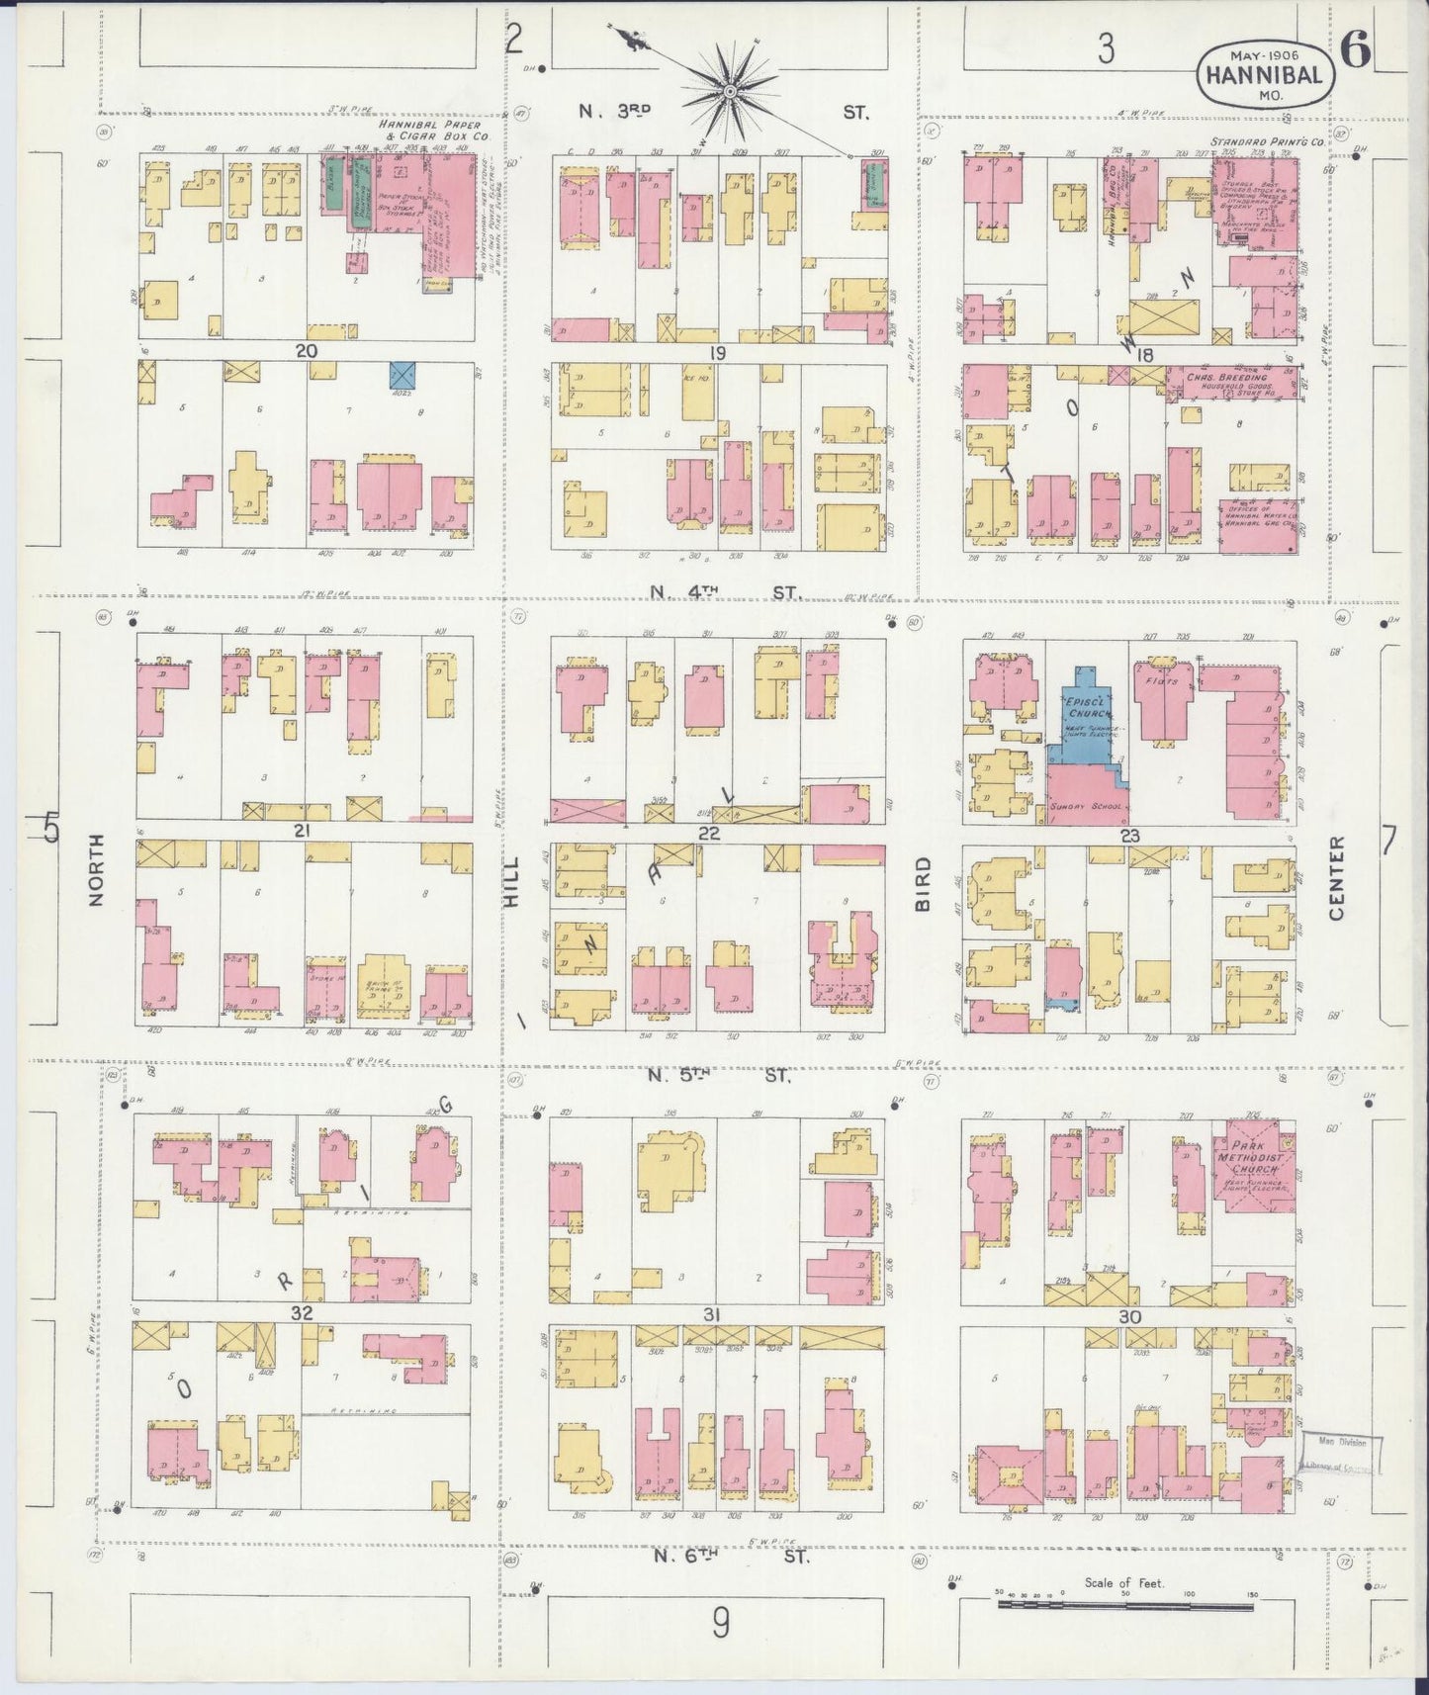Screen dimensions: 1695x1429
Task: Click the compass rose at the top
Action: (x=730, y=92)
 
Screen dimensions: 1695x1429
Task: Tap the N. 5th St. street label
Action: (x=720, y=1076)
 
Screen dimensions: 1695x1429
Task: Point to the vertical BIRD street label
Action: (x=923, y=882)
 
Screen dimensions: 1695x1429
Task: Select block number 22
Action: (x=708, y=833)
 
